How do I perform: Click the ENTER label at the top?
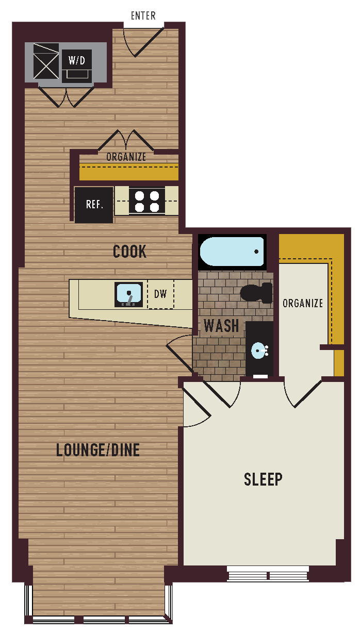[143, 16]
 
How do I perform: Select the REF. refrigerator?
[94, 205]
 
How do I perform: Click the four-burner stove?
[146, 201]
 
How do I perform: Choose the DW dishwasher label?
[160, 294]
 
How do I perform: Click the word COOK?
[129, 252]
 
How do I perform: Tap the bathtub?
[232, 252]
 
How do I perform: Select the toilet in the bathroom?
[257, 293]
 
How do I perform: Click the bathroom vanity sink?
[259, 351]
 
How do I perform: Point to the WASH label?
[221, 326]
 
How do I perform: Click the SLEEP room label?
[263, 479]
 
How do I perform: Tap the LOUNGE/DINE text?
[98, 450]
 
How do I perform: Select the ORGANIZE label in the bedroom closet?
[303, 303]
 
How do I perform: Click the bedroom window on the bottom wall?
[268, 573]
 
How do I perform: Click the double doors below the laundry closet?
[66, 97]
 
